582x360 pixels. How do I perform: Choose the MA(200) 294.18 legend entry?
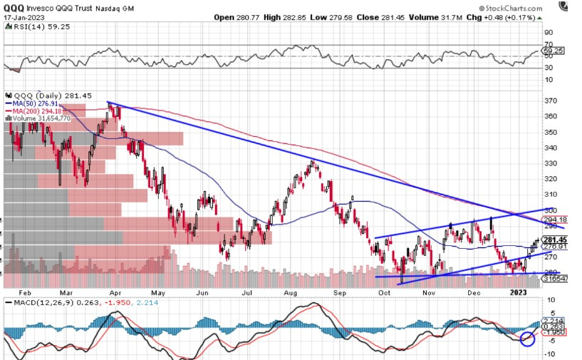(x=36, y=111)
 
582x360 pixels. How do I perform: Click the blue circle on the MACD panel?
(x=528, y=339)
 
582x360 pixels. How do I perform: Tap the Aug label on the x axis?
(x=292, y=292)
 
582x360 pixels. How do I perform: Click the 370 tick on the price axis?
(x=551, y=101)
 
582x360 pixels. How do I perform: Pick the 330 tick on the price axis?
(x=551, y=163)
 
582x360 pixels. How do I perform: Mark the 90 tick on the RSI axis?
(x=549, y=32)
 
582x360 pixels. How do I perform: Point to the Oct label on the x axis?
(x=385, y=292)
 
